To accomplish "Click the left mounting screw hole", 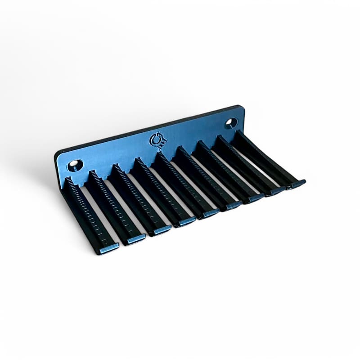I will click(x=74, y=165).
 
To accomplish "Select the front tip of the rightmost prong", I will click(x=297, y=183).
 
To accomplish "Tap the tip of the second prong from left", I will click(x=136, y=238).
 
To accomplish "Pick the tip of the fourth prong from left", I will click(x=187, y=221).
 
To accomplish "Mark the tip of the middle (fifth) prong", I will click(x=211, y=212).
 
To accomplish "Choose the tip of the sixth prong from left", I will click(x=234, y=205).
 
